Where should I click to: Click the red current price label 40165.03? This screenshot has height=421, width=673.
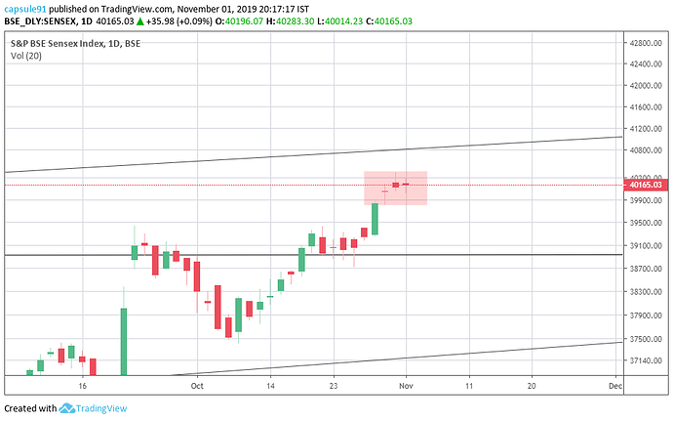647,184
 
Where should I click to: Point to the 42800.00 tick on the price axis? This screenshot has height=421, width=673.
647,43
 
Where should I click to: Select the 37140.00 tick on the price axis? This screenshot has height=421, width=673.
647,360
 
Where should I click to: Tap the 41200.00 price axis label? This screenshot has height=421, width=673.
647,129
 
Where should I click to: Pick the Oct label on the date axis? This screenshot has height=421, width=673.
197,386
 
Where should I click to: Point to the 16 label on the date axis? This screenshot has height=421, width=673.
83,386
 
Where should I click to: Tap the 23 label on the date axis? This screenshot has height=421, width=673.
334,386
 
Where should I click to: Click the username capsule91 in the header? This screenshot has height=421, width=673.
26,8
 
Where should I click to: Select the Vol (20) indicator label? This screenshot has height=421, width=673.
25,56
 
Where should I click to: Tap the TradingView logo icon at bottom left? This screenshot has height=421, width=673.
68,408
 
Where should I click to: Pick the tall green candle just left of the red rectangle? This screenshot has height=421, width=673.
375,219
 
